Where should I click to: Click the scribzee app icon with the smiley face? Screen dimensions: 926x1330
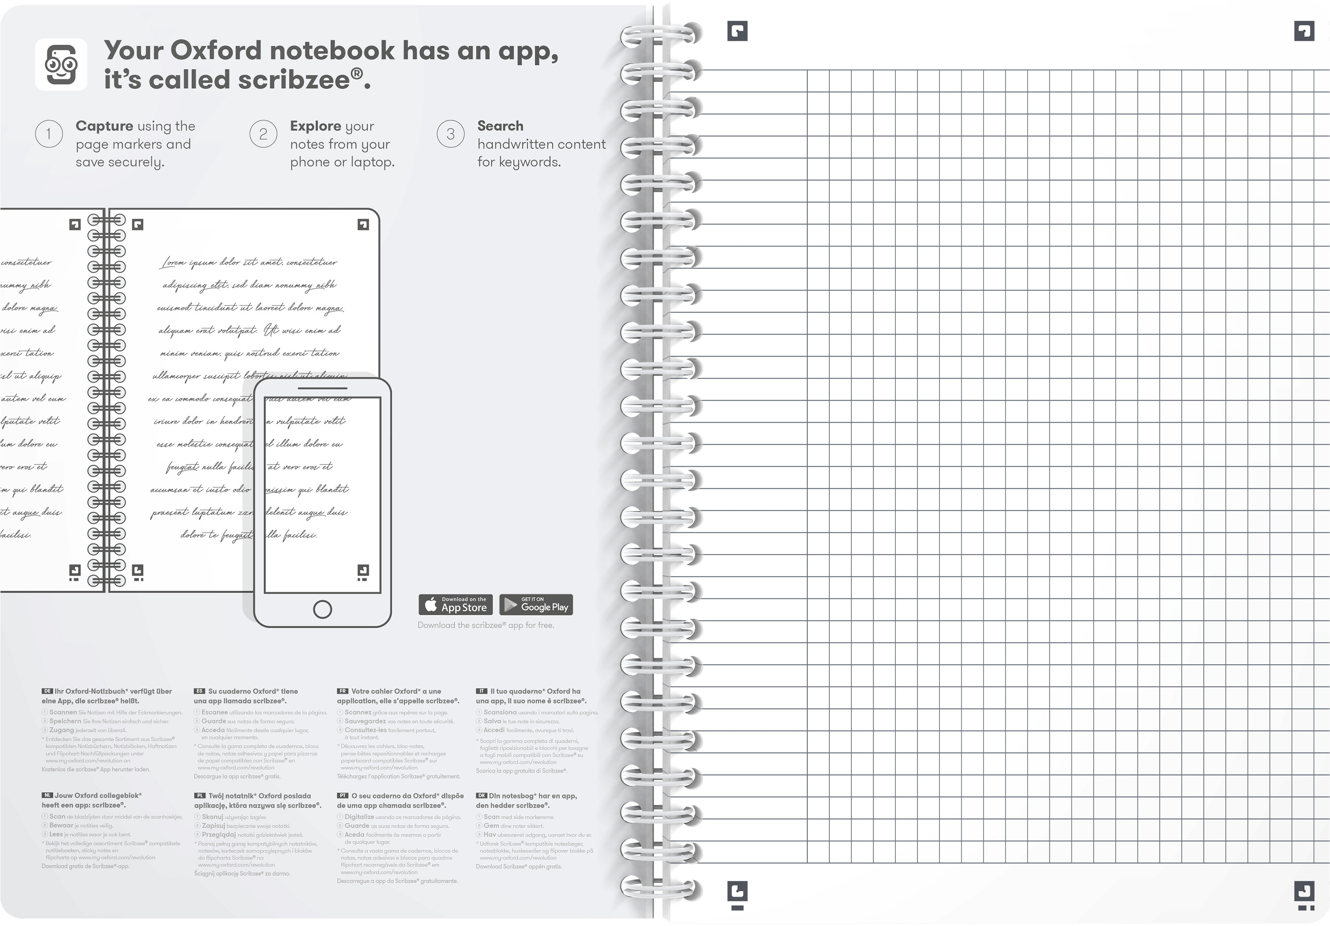61,64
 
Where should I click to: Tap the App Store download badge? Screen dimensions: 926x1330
456,605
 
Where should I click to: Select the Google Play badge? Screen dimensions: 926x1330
536,605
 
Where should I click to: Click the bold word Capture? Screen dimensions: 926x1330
104,126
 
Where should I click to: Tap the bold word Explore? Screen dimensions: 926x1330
315,126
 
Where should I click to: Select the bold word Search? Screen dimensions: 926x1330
500,126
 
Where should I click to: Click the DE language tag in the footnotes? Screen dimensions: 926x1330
47,691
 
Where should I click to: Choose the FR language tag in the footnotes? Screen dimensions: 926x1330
342,691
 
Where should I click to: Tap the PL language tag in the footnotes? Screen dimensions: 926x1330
199,796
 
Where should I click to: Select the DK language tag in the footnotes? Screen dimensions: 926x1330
481,796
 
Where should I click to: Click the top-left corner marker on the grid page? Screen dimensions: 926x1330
737,31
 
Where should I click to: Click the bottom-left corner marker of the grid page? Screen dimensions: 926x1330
737,892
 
